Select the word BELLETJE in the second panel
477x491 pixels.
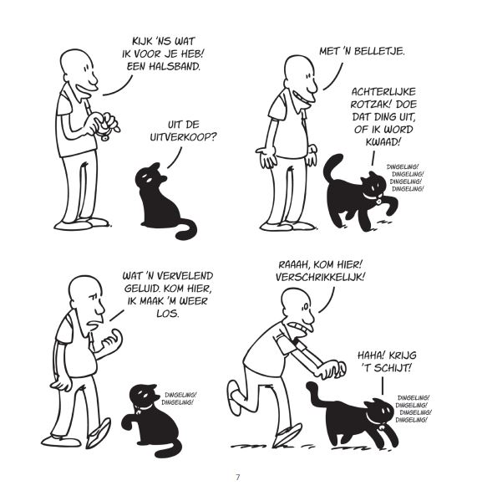382,51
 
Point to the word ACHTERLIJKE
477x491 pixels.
383,92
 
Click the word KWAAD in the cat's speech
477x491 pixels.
383,142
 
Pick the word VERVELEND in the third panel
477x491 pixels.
185,276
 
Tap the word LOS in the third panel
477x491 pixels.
168,314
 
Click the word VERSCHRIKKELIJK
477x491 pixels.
320,278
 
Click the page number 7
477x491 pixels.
238,478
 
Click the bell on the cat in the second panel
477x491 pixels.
378,202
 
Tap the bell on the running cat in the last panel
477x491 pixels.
382,427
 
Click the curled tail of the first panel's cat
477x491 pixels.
185,229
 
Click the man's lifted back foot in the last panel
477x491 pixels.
235,397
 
